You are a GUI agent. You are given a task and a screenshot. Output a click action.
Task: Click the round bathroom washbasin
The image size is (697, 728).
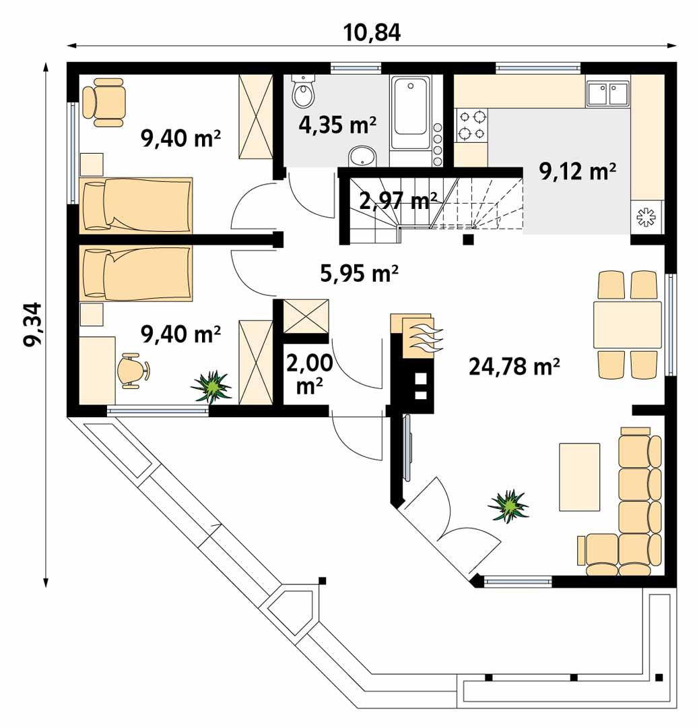[364, 156]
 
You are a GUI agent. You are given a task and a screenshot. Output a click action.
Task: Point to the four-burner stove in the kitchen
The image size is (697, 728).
[471, 125]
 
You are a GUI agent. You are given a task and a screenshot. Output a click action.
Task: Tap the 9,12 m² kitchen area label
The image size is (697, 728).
[578, 172]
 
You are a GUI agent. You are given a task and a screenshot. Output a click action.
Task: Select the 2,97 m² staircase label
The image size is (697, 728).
[397, 201]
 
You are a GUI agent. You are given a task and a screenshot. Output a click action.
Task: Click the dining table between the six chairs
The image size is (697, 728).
[627, 325]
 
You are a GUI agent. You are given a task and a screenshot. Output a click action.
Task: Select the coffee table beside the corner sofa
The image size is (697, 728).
[579, 477]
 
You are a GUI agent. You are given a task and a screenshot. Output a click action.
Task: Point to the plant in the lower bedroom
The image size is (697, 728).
[212, 386]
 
